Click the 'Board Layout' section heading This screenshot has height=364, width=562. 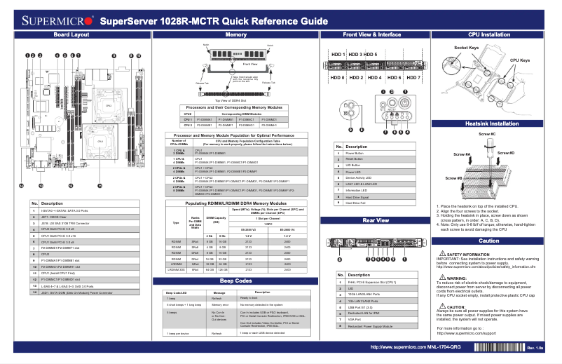71,34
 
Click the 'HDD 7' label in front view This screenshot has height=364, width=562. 413,77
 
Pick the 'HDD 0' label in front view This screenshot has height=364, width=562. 337,77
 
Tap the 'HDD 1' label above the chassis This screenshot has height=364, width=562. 338,54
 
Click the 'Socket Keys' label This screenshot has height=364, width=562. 466,48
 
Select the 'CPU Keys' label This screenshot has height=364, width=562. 519,61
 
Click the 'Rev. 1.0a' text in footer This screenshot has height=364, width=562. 535,348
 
